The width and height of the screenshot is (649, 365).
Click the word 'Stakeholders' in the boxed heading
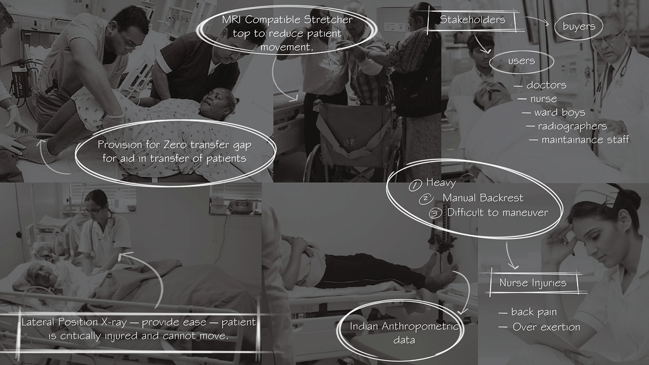[472, 20]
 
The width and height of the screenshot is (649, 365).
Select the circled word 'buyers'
[579, 26]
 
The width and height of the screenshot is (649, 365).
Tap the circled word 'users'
[521, 61]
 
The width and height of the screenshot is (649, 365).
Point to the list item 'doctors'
[546, 85]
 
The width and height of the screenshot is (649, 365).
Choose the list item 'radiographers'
[572, 127]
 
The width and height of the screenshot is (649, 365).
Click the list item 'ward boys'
[560, 113]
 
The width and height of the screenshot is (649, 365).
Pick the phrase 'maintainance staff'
[585, 140]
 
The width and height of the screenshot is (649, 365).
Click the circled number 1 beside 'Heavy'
[415, 185]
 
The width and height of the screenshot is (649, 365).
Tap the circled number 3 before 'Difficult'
[435, 213]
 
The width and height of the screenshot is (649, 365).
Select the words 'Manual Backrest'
[483, 198]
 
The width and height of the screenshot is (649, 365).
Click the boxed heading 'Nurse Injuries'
[533, 282]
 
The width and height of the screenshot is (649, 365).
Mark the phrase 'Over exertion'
[547, 327]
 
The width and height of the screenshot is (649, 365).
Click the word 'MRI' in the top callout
[232, 20]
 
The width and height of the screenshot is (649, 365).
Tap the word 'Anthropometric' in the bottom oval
[420, 327]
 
